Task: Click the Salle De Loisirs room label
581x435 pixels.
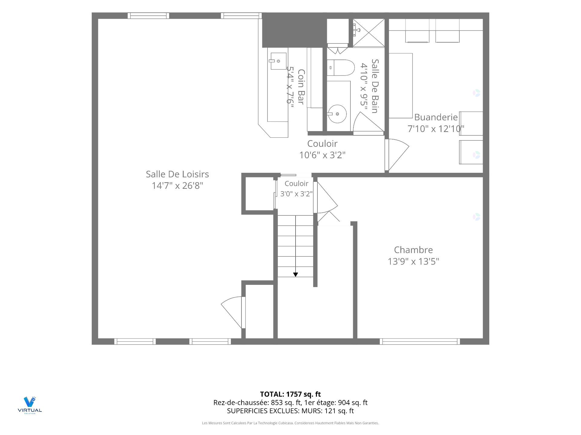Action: tap(177, 174)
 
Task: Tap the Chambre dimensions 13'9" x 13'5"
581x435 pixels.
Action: tap(413, 261)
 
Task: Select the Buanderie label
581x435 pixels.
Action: tap(436, 117)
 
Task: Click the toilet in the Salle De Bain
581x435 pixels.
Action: tap(340, 68)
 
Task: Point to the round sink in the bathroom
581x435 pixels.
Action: tap(337, 114)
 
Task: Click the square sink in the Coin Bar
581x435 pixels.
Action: tap(278, 61)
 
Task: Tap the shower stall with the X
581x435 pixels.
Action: tap(369, 33)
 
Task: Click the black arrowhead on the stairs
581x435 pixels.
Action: tap(296, 275)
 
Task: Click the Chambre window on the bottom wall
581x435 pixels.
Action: tap(420, 341)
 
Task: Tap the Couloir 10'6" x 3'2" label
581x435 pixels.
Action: tap(322, 149)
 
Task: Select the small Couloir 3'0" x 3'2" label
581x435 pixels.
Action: tap(297, 188)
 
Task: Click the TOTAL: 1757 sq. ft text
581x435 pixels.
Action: tap(290, 394)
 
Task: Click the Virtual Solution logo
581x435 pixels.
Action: tap(30, 405)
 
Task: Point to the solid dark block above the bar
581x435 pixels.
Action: tap(294, 30)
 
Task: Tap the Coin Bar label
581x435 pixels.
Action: tap(301, 87)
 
